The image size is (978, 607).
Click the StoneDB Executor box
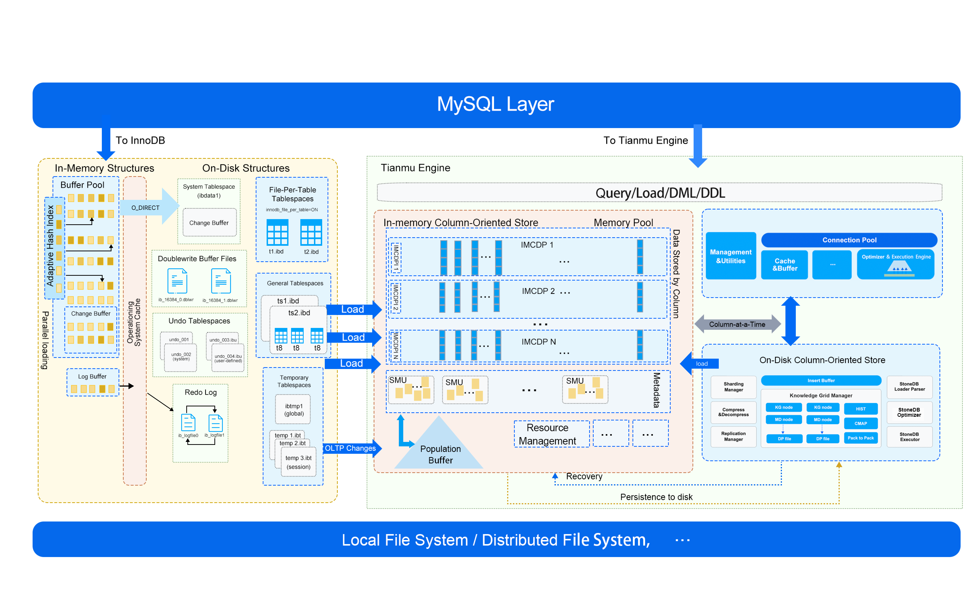(x=909, y=437)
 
